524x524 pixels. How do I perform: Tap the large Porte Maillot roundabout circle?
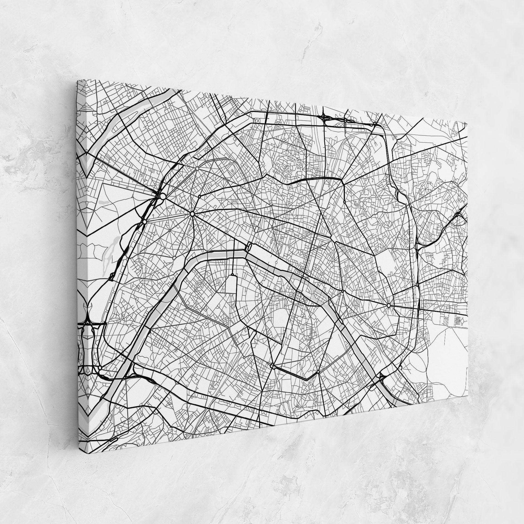[163, 196]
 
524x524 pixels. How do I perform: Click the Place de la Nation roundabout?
[389, 306]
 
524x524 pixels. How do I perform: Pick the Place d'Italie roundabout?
[318, 372]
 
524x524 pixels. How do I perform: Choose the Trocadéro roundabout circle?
[174, 258]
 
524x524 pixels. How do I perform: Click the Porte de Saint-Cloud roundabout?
[100, 368]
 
